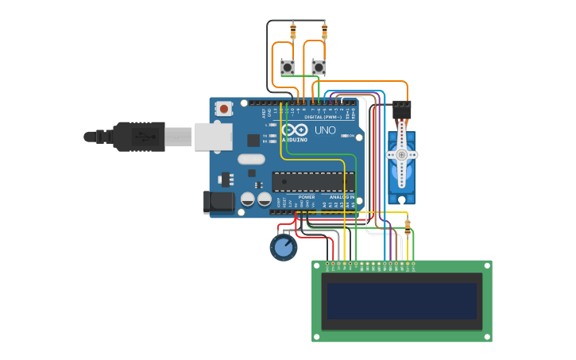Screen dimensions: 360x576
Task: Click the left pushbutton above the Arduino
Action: click(288, 68)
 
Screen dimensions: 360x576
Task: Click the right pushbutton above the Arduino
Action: click(319, 68)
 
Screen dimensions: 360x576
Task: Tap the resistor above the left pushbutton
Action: click(292, 31)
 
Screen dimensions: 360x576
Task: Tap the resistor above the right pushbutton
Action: click(324, 31)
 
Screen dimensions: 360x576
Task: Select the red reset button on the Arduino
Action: click(225, 108)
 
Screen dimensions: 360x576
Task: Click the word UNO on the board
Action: click(325, 130)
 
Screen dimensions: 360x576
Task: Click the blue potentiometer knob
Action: click(284, 247)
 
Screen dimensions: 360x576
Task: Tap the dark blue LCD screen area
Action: click(402, 300)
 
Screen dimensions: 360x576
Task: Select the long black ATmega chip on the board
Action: click(314, 182)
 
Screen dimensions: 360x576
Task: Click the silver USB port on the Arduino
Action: click(213, 137)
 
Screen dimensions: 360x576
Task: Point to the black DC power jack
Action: click(218, 202)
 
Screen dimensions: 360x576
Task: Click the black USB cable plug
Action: click(139, 137)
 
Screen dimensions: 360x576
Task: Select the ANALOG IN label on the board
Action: click(342, 197)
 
